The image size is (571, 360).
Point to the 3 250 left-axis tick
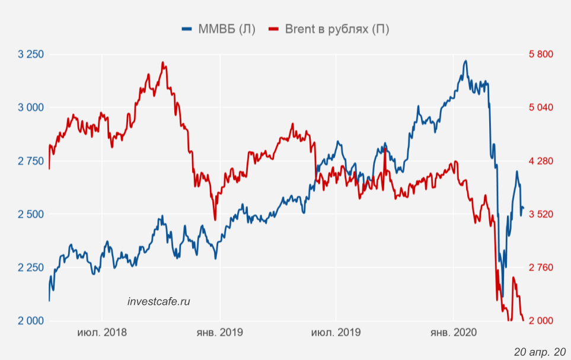(x=31, y=55)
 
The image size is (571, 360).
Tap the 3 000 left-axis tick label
(x=31, y=107)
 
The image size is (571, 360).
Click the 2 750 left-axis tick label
(x=31, y=161)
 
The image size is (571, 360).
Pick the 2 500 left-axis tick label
(x=31, y=214)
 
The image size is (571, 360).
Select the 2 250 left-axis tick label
(x=31, y=267)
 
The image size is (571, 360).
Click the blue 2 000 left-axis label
(x=31, y=321)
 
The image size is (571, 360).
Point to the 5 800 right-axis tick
(x=540, y=55)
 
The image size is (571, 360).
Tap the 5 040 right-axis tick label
(x=540, y=107)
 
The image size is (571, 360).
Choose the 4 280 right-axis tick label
(x=540, y=161)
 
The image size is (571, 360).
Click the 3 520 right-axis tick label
(x=540, y=214)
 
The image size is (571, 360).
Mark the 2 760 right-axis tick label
(x=540, y=267)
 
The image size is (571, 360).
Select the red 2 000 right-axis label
(x=540, y=321)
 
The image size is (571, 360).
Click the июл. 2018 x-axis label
(x=102, y=333)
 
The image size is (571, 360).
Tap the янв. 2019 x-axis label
(x=219, y=333)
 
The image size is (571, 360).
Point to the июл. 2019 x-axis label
(x=336, y=333)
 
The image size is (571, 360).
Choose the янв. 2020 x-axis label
(x=453, y=333)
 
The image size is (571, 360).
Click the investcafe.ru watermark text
(x=159, y=301)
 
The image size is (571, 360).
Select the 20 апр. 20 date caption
(x=540, y=351)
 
